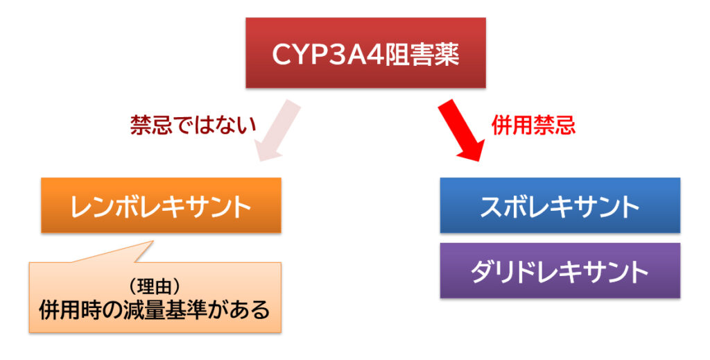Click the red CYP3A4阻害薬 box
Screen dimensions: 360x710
pos(365,53)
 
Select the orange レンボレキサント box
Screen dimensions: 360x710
pos(161,205)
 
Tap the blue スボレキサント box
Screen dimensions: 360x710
pos(560,205)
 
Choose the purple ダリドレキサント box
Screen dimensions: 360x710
pos(560,271)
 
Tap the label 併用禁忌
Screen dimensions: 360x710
pos(533,125)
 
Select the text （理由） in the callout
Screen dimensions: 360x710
pos(154,286)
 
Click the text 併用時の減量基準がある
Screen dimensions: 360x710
pos(154,309)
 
